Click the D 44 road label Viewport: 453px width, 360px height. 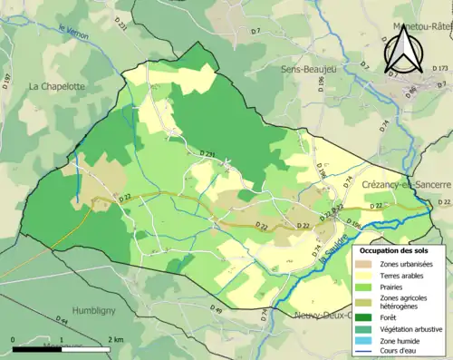62,321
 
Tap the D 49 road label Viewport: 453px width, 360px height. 216,311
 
